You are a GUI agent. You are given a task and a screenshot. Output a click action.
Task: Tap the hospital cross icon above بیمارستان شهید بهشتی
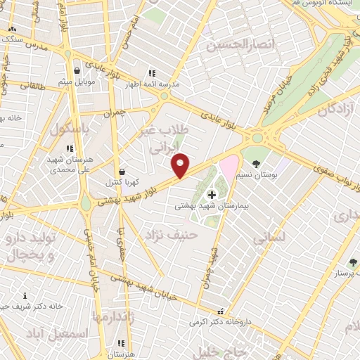[x=212, y=194]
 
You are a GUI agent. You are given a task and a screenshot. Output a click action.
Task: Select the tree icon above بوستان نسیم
[x=255, y=163]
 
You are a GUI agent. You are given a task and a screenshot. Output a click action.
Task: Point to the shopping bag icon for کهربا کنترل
[x=122, y=171]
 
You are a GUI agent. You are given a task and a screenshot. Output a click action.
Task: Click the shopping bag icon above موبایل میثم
[x=77, y=71]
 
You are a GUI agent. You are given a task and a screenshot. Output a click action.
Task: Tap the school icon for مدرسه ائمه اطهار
[x=151, y=72]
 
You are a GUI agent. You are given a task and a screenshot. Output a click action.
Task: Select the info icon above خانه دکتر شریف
[x=26, y=296]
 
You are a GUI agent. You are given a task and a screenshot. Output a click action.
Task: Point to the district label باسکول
[x=69, y=130]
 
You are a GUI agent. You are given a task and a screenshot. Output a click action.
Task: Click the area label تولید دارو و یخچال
[x=31, y=247]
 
